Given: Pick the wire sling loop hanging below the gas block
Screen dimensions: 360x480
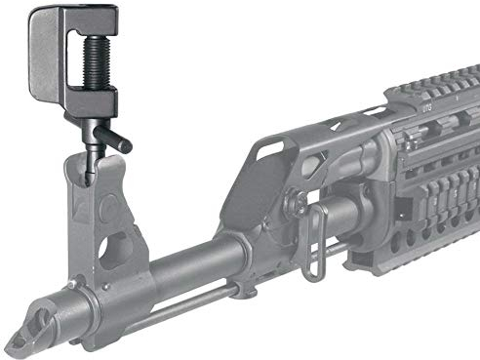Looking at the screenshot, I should click(312, 249).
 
